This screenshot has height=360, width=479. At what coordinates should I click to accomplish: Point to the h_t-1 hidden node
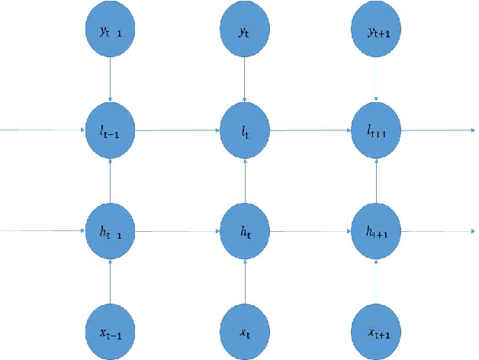(x=112, y=229)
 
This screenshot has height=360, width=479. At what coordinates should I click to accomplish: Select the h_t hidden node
(x=245, y=229)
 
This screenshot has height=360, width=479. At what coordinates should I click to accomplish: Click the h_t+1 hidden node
(x=377, y=229)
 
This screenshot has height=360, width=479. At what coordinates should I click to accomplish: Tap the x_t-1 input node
(x=112, y=328)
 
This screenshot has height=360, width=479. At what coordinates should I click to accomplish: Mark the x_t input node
(x=245, y=328)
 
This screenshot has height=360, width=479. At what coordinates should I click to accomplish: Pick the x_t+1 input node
(x=377, y=328)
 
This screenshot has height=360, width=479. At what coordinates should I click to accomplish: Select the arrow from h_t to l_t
(x=245, y=179)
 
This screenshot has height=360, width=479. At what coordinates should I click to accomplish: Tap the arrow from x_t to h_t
(x=245, y=278)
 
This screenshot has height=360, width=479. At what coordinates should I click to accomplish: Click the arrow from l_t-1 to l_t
(x=178, y=130)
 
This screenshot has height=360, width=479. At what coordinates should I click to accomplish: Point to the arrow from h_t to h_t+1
(x=311, y=229)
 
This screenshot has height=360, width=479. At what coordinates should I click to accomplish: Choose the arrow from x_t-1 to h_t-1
(x=112, y=278)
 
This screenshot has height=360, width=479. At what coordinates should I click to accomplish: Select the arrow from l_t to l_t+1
(x=311, y=130)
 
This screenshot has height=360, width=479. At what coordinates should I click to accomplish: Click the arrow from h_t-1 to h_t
(x=178, y=229)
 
